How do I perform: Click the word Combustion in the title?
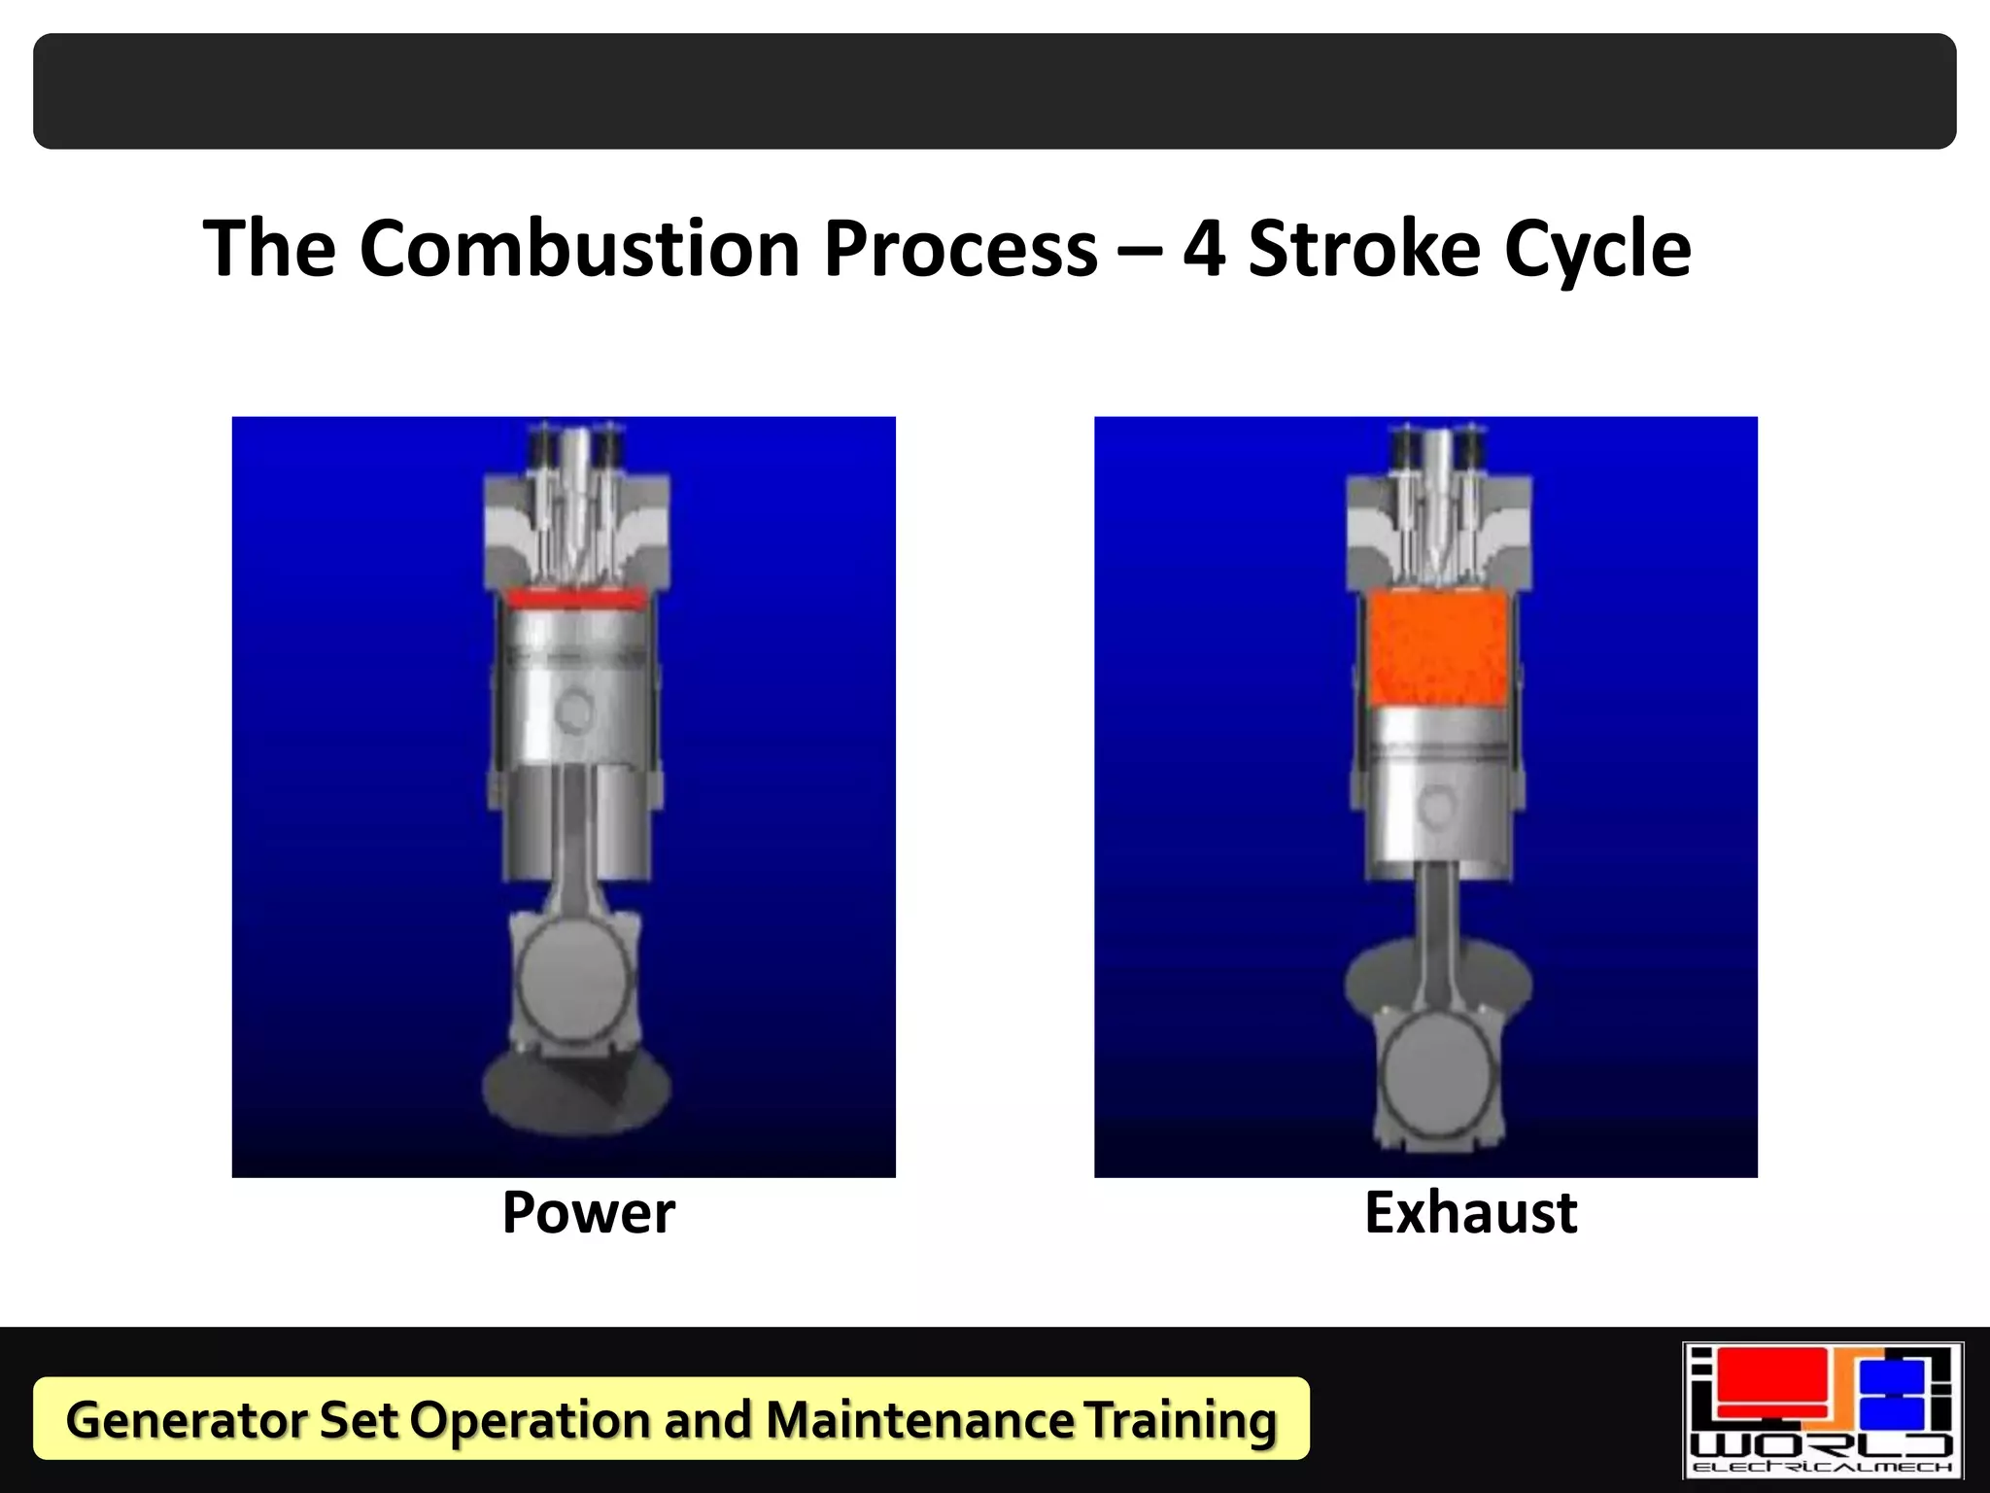pos(579,249)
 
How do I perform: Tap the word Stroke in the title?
pos(1364,249)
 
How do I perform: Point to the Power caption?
pos(588,1213)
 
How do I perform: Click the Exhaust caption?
pos(1470,1213)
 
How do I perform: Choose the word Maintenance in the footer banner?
pos(919,1419)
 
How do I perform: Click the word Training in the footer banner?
pos(1180,1419)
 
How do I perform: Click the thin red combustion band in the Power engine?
pos(575,598)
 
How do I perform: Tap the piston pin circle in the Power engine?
pos(575,711)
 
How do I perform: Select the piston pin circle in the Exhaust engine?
pos(1436,806)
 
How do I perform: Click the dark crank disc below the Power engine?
pos(575,1094)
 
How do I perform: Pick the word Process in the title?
pos(960,249)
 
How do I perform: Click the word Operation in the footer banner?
pos(530,1419)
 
